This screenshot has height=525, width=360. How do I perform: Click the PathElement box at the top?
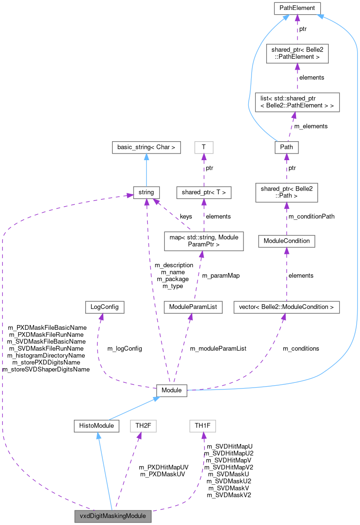[297, 8]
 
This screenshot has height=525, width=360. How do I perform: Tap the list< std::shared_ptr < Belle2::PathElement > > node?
[297, 102]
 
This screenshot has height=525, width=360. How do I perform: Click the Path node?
[287, 147]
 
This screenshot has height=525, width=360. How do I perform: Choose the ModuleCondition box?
[287, 241]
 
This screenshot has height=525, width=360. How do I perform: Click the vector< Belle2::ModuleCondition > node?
[287, 307]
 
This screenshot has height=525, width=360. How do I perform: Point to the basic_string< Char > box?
[146, 147]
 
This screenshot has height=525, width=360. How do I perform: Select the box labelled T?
[204, 147]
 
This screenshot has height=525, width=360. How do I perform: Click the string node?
[146, 192]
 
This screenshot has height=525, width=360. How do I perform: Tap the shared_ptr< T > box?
[204, 192]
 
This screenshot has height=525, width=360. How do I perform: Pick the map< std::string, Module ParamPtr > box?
[204, 241]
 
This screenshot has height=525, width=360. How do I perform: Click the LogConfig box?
[105, 307]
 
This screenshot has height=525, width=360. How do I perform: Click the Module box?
[172, 390]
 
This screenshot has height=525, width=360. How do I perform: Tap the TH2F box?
[144, 426]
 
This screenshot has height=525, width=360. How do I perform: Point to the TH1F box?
[203, 426]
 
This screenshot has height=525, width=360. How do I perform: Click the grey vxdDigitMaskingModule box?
[113, 516]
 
